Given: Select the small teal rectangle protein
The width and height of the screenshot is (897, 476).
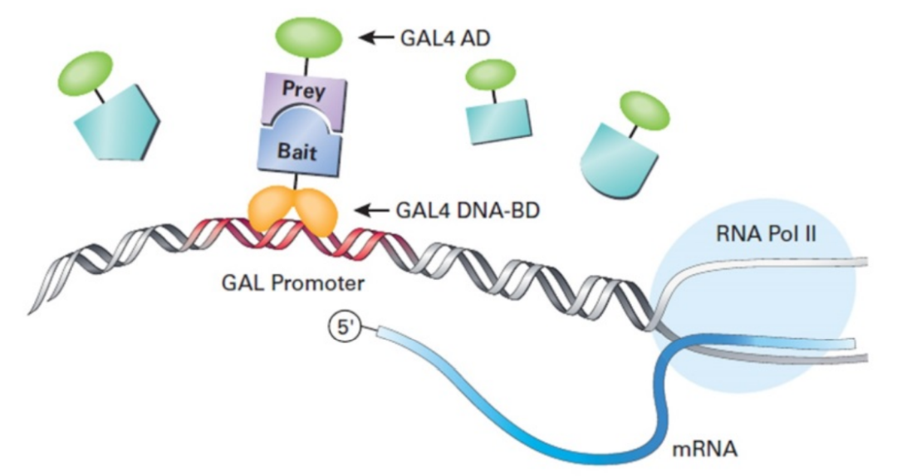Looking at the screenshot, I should (496, 122).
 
